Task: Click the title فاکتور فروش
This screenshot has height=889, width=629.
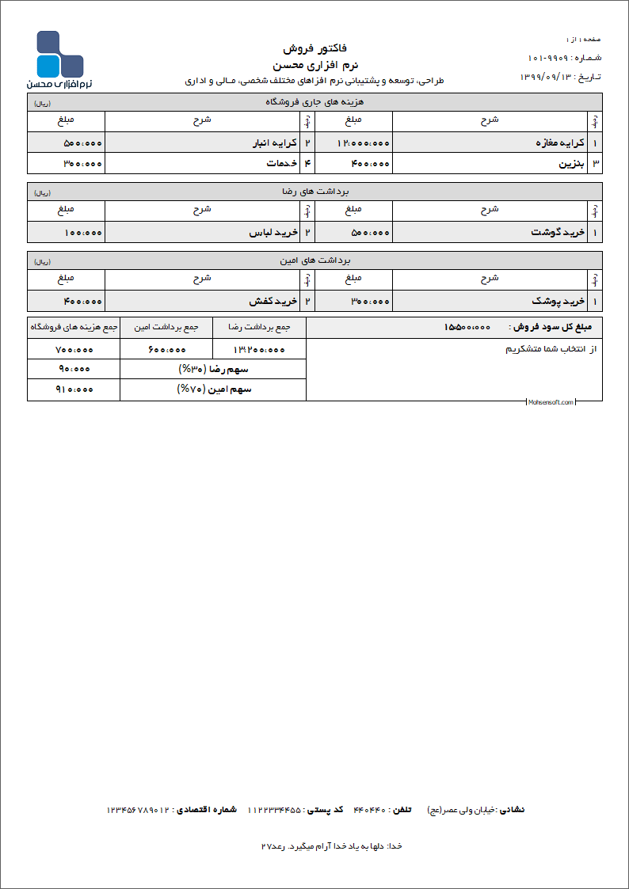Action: tap(315, 48)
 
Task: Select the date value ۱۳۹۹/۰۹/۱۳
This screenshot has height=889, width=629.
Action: tap(547, 77)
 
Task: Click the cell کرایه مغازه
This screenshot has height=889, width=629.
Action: tap(560, 142)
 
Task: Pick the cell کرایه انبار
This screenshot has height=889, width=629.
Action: tap(273, 142)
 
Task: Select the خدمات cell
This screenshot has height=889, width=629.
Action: tap(283, 163)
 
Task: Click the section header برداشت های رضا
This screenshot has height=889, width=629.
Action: tap(315, 192)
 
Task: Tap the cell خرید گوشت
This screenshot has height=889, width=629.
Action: tap(558, 233)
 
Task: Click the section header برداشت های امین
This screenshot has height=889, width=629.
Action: tap(315, 260)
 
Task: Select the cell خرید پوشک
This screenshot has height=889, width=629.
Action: tap(558, 301)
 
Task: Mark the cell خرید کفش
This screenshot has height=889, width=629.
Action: tap(273, 301)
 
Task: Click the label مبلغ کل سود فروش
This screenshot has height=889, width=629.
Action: tap(555, 327)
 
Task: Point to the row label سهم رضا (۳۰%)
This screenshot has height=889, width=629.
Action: tap(214, 369)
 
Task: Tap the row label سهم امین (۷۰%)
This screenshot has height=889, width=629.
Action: tap(214, 389)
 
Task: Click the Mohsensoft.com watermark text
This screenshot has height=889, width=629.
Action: tap(551, 402)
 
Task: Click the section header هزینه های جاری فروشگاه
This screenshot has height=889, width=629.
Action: tap(315, 102)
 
